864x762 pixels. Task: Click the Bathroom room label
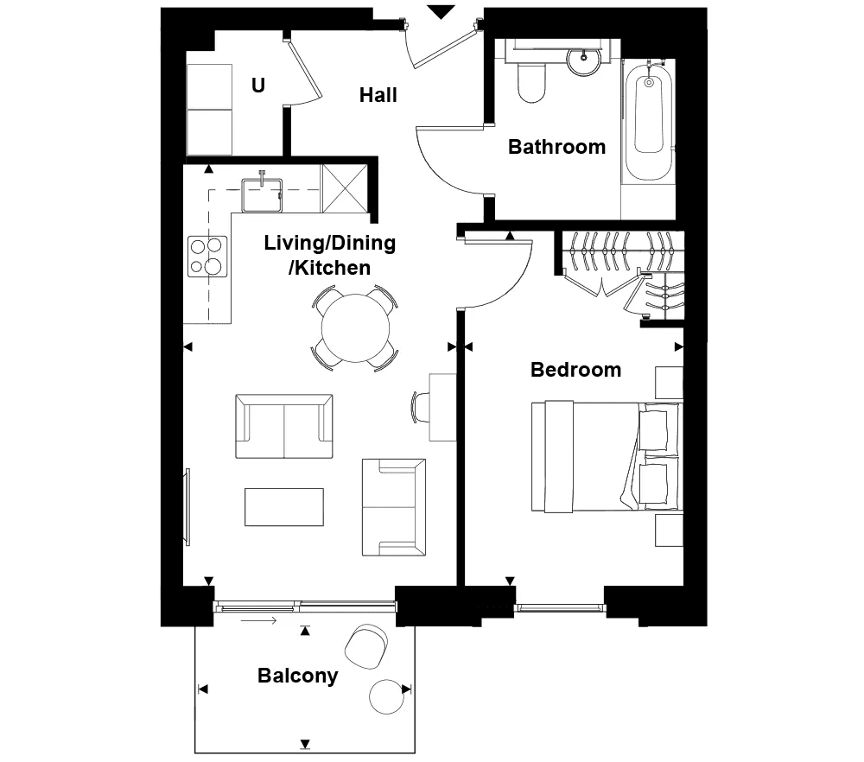click(x=556, y=147)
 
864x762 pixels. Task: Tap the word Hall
click(x=378, y=95)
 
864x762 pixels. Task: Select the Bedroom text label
click(x=575, y=370)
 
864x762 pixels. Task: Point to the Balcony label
click(x=297, y=676)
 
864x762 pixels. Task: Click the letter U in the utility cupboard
click(x=257, y=86)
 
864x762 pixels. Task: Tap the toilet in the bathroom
click(x=531, y=82)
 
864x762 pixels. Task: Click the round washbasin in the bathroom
click(x=583, y=60)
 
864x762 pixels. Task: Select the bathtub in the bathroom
click(x=649, y=120)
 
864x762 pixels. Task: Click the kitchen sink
click(x=262, y=195)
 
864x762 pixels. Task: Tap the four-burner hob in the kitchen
click(x=207, y=257)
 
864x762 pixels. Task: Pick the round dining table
click(x=355, y=328)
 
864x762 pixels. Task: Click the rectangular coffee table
click(x=284, y=507)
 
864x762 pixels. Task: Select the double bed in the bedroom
click(x=607, y=457)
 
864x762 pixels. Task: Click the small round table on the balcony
click(x=387, y=697)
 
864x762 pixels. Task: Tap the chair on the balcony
click(x=366, y=646)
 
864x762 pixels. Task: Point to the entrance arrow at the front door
click(x=441, y=12)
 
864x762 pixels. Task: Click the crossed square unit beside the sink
click(x=345, y=188)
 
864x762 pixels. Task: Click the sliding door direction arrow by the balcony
click(x=258, y=621)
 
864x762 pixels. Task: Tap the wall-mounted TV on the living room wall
click(x=187, y=507)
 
